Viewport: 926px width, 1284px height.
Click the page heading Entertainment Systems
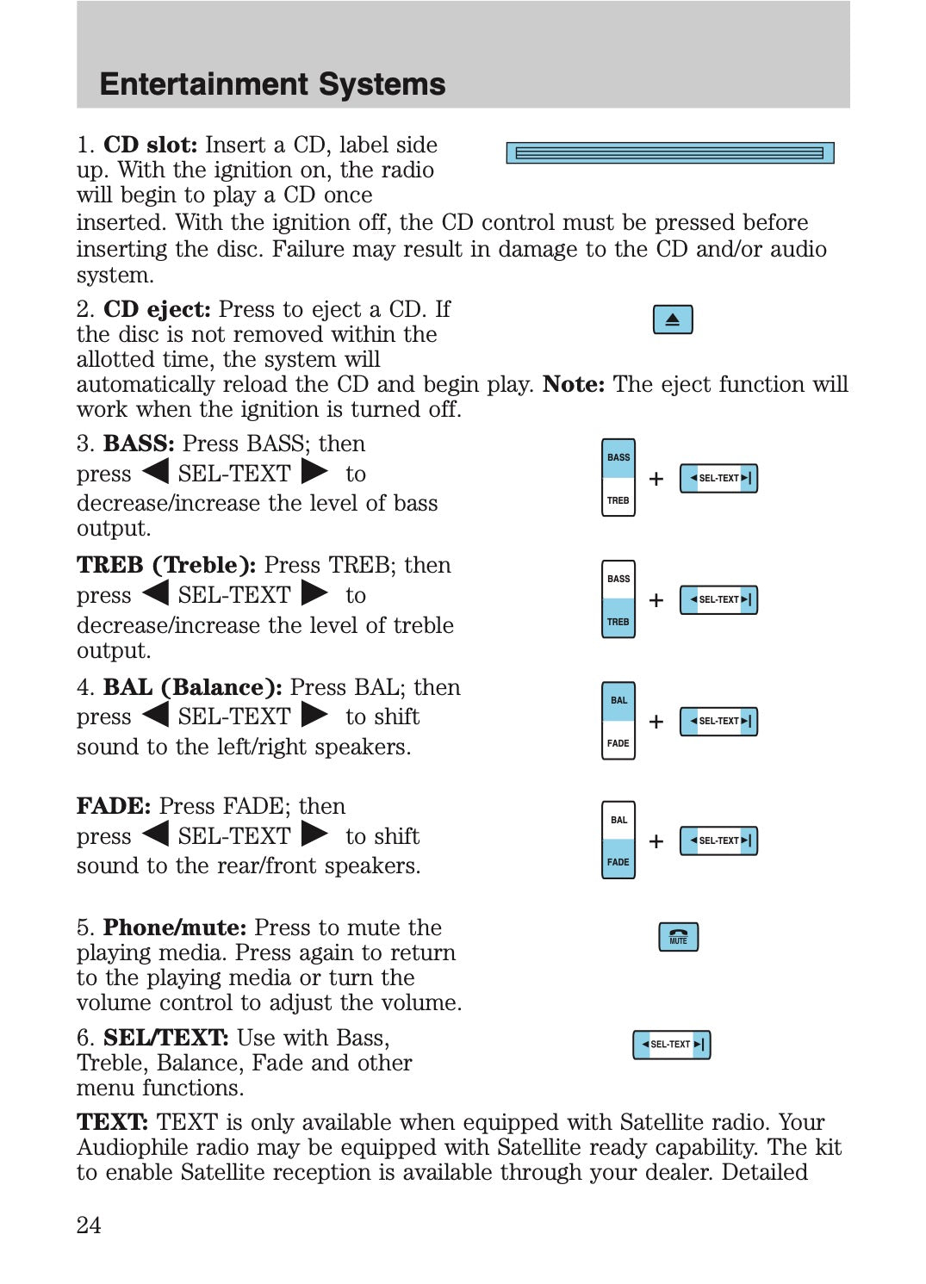[x=272, y=84]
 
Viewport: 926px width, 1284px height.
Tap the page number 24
[x=89, y=1225]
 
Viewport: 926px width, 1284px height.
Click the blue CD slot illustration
[x=669, y=153]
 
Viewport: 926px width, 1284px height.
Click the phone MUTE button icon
[x=678, y=937]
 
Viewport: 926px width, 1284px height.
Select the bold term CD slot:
[x=150, y=145]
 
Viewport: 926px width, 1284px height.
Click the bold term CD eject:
[x=157, y=309]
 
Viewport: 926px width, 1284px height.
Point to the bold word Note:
[x=574, y=384]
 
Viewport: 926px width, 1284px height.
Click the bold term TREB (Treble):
[x=166, y=565]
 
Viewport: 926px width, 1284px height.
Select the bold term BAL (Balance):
[x=192, y=687]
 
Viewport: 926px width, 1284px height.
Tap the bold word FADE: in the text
[x=114, y=806]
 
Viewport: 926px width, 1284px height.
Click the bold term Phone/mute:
[x=175, y=927]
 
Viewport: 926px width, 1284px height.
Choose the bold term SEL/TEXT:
[x=165, y=1038]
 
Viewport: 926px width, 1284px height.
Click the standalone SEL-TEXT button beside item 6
[x=671, y=1045]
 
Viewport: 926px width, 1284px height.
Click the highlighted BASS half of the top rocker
[x=618, y=458]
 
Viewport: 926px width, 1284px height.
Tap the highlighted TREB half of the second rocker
[x=618, y=621]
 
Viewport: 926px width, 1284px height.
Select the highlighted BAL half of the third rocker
[x=618, y=700]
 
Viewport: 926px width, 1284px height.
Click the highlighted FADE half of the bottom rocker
[x=618, y=861]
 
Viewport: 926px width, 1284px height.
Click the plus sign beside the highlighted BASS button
[x=656, y=479]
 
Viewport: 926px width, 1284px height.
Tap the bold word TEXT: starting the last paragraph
[x=113, y=1122]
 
